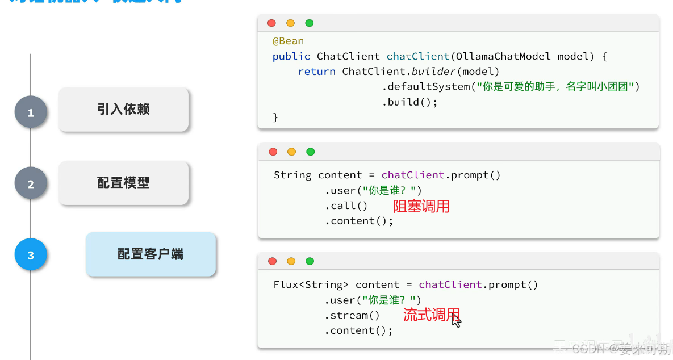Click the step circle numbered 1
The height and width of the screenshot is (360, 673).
(x=31, y=112)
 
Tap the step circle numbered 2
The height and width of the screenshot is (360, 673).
(x=31, y=183)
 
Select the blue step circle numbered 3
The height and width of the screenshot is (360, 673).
(x=31, y=255)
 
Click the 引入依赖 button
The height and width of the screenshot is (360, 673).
(x=123, y=109)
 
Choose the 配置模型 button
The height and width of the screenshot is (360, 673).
(x=123, y=183)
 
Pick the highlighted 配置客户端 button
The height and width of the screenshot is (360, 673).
(x=151, y=254)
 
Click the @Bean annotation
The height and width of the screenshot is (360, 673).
(x=288, y=41)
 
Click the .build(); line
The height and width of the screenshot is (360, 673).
(x=409, y=102)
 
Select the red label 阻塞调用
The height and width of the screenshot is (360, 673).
(x=421, y=206)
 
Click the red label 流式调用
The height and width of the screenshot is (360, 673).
(x=431, y=315)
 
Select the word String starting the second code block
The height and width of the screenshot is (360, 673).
(x=292, y=175)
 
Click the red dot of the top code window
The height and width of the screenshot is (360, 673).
(x=272, y=23)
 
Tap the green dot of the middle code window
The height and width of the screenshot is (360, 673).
(x=310, y=152)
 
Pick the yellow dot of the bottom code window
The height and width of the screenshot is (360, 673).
(x=291, y=261)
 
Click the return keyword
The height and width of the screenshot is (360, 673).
(x=316, y=72)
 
